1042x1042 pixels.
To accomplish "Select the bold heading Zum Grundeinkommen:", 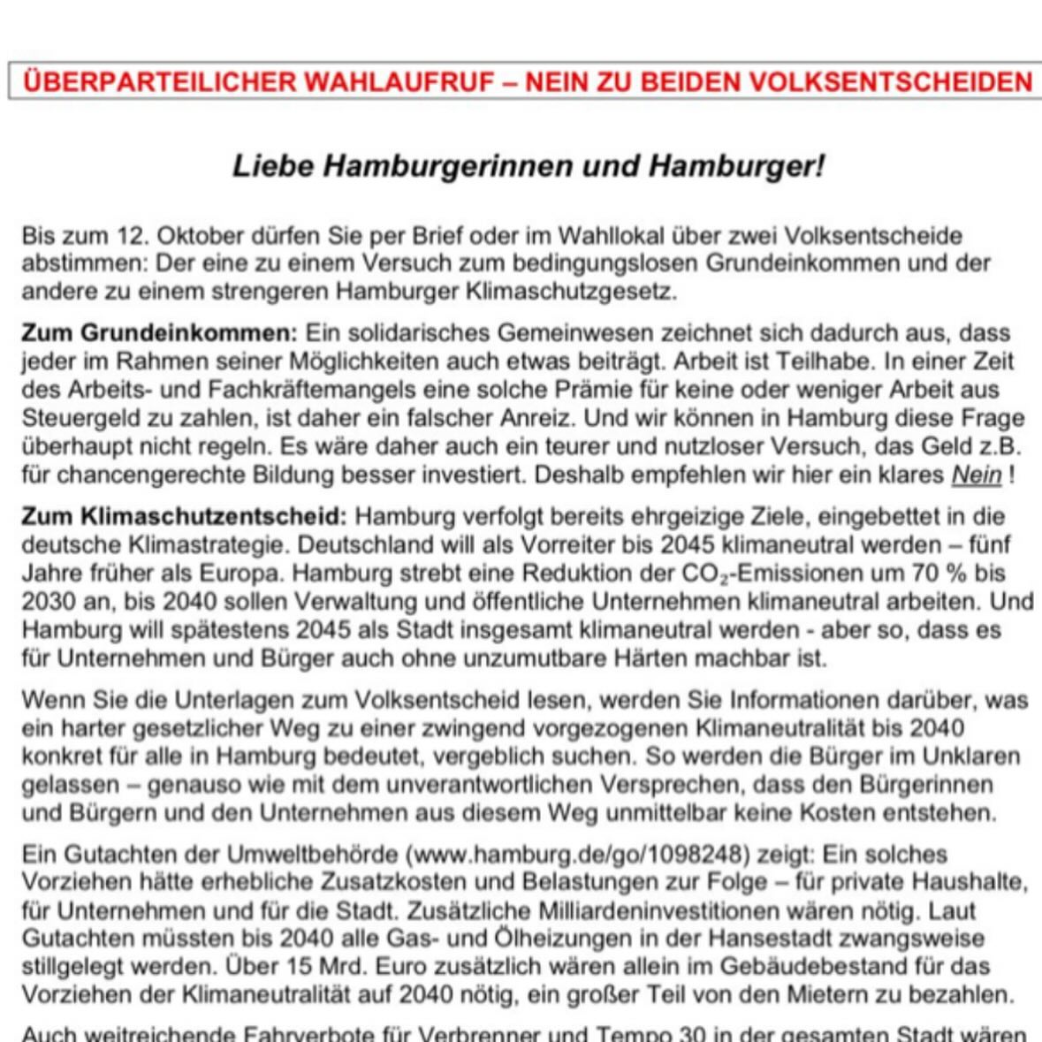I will click(x=160, y=333).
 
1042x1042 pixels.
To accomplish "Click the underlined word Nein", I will click(x=976, y=475).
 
